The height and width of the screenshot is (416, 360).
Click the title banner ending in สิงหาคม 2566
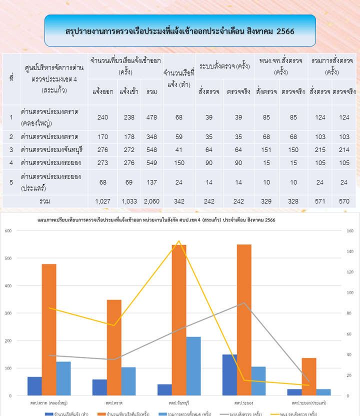coord(180,31)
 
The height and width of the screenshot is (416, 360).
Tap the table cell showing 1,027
coord(102,201)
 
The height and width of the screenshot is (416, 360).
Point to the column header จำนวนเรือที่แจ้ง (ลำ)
coord(178,79)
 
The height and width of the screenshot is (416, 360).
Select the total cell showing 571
coord(319,201)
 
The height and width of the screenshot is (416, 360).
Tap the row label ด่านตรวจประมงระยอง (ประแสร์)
coord(51,182)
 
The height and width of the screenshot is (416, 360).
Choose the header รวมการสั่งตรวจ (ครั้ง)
coord(330,66)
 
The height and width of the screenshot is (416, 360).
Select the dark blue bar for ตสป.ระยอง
coord(229,375)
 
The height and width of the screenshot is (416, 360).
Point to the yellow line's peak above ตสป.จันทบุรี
coord(179,241)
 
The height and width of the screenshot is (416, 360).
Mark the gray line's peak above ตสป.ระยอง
coord(244,303)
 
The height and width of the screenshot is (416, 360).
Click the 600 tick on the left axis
coord(8,230)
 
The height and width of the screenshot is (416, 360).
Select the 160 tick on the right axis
coord(349,230)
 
